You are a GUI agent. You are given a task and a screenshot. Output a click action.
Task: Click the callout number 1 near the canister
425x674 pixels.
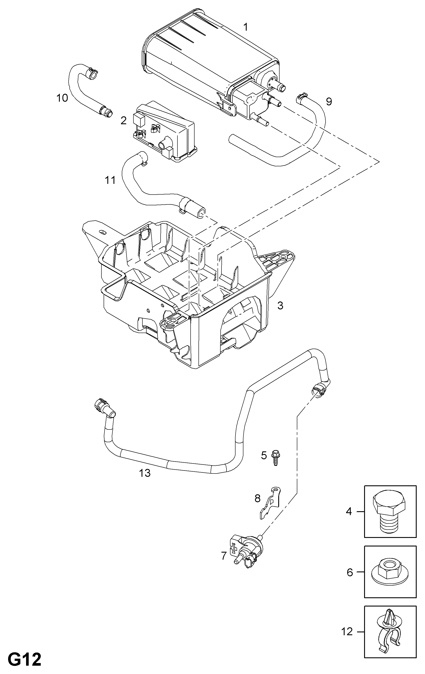pyautogui.click(x=246, y=27)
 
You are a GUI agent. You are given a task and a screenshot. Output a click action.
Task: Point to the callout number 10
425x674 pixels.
pyautogui.click(x=62, y=98)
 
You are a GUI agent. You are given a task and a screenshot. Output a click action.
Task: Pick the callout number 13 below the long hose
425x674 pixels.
pyautogui.click(x=145, y=473)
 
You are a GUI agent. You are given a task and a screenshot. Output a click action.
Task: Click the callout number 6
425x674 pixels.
pyautogui.click(x=350, y=572)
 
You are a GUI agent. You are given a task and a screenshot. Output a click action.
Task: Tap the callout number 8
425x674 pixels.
pyautogui.click(x=257, y=498)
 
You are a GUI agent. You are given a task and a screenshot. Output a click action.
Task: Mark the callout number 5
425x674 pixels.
pyautogui.click(x=264, y=455)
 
